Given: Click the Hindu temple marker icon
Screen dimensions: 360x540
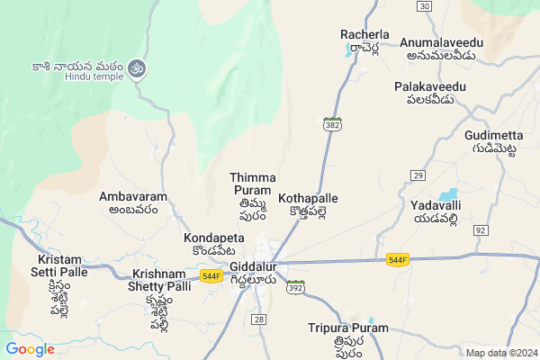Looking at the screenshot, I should click(137, 67).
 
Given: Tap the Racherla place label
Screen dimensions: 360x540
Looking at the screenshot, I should click(364, 35).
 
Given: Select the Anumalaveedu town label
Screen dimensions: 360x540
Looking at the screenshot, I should click(441, 43).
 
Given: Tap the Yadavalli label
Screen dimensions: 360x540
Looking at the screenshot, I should click(436, 205).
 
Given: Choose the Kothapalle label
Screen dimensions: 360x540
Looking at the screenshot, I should click(308, 197).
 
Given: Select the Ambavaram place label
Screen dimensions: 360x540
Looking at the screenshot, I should click(129, 196).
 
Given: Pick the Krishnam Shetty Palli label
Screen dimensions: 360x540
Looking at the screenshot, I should click(162, 274).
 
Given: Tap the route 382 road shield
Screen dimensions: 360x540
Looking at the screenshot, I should click(332, 123).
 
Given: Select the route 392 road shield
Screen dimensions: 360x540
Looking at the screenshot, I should click(294, 287).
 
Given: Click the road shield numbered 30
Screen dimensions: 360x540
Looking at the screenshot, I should click(423, 6).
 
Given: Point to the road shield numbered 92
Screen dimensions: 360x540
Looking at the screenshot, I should click(480, 230).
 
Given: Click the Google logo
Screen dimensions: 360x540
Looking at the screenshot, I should click(30, 349).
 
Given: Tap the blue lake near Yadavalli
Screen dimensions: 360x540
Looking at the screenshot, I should click(446, 193).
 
